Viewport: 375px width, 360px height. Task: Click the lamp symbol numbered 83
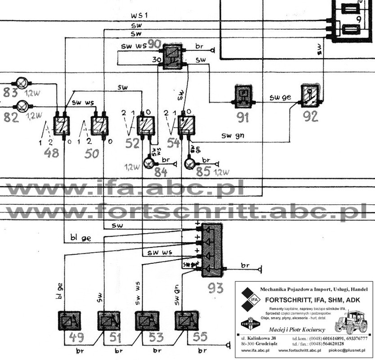tap(22, 83)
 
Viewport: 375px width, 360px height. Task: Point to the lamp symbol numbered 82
tap(22, 106)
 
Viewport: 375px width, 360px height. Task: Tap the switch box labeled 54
tap(187, 124)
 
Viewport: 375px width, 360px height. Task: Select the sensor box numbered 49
tap(68, 321)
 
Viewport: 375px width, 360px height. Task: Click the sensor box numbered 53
tap(147, 321)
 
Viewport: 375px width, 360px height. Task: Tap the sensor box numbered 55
tap(186, 321)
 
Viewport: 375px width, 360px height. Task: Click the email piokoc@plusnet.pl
tap(348, 350)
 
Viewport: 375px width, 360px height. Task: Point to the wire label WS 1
tap(140, 17)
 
